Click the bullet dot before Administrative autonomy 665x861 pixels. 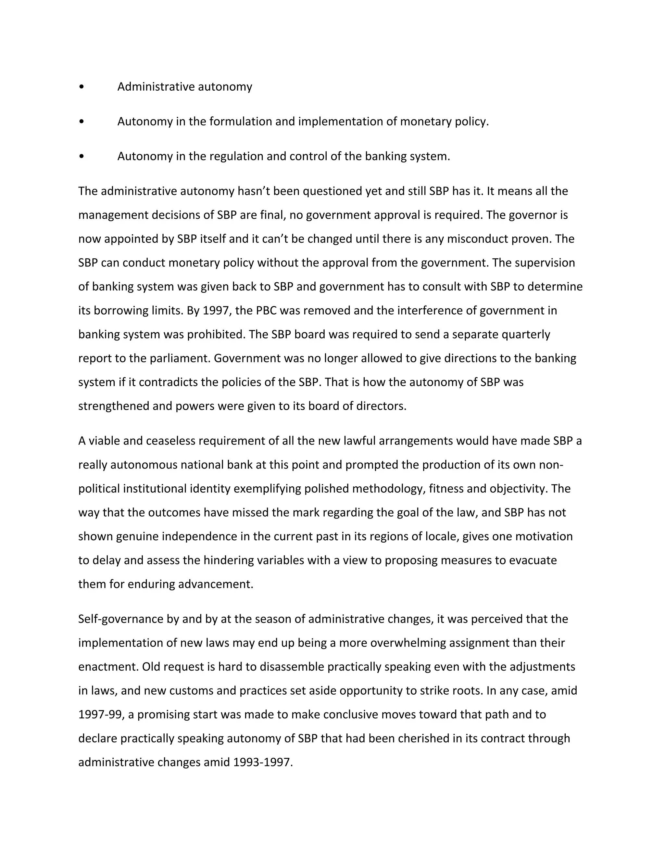pos(81,87)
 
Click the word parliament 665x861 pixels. pos(180,358)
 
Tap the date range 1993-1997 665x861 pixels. pos(262,763)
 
